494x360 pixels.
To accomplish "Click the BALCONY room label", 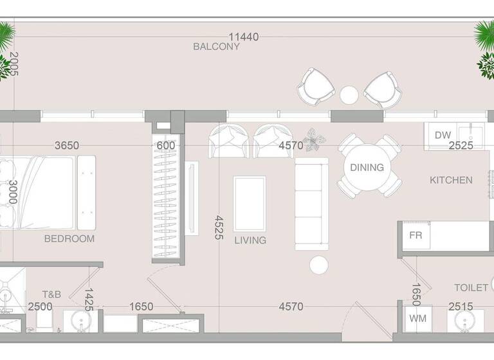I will pyautogui.click(x=216, y=47).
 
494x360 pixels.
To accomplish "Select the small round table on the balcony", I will pyautogui.click(x=349, y=95).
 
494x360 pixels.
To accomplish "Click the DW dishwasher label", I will pyautogui.click(x=443, y=135).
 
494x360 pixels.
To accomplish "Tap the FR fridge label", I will pyautogui.click(x=416, y=235).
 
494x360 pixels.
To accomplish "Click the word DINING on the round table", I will pyautogui.click(x=367, y=167).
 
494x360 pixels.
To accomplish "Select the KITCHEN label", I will pyautogui.click(x=451, y=181).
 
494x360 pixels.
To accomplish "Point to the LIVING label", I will pyautogui.click(x=250, y=240).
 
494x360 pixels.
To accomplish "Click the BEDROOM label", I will pyautogui.click(x=69, y=239).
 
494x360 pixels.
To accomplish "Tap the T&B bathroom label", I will pyautogui.click(x=51, y=294).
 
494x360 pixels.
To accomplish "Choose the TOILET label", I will pyautogui.click(x=471, y=288).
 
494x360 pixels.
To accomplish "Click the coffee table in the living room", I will pyautogui.click(x=250, y=204).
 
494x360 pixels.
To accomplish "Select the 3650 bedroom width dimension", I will pyautogui.click(x=66, y=146).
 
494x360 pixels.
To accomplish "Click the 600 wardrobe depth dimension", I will pyautogui.click(x=166, y=146).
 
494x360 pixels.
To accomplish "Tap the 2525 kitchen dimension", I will pyautogui.click(x=461, y=146).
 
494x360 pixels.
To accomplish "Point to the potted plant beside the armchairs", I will pyautogui.click(x=315, y=139).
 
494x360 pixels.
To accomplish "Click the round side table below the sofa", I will pyautogui.click(x=319, y=265).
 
